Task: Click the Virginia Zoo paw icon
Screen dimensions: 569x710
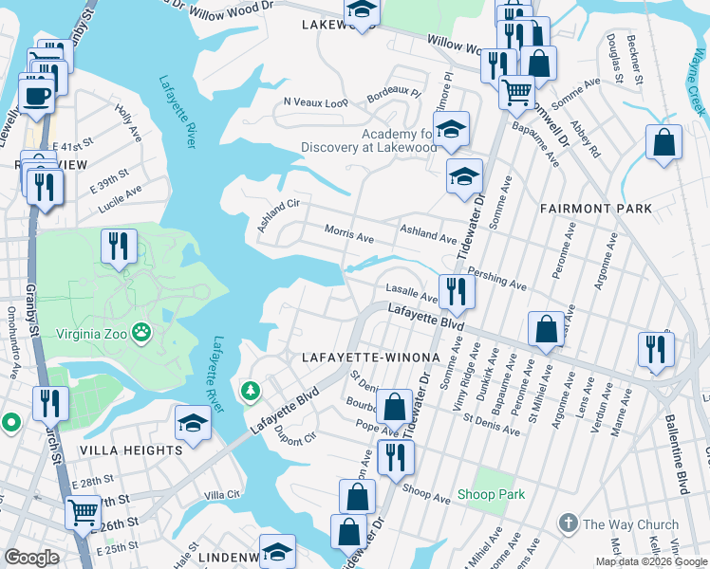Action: [x=141, y=332]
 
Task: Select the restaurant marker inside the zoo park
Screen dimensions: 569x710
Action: [x=120, y=247]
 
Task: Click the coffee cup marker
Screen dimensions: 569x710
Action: [x=36, y=96]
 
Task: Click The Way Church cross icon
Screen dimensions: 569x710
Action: [x=568, y=523]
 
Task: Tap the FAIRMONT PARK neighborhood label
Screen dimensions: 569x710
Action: [x=596, y=208]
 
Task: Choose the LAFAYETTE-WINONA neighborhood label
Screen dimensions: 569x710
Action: [x=371, y=358]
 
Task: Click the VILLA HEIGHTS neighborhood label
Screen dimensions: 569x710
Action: [x=131, y=450]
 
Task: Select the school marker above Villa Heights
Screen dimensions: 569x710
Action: [x=194, y=424]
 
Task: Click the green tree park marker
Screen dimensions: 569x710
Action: [x=251, y=390]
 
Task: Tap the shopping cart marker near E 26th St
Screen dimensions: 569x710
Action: [x=83, y=513]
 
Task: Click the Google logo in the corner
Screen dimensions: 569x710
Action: [x=32, y=558]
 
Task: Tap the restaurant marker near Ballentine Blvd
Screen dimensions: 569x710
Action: [x=656, y=348]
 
